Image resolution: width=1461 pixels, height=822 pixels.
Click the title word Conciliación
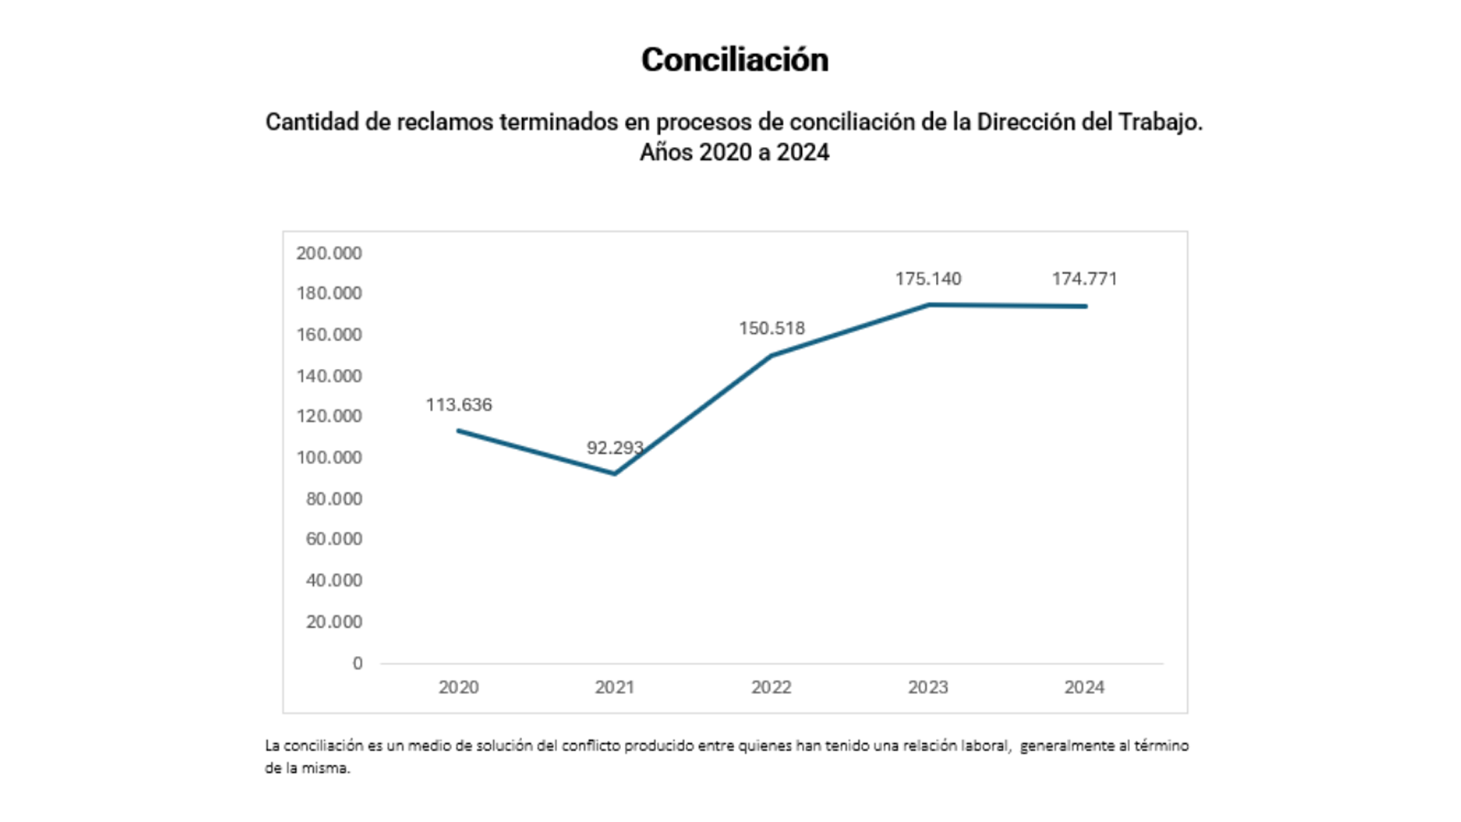(x=734, y=60)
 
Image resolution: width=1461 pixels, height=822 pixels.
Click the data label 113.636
(x=459, y=405)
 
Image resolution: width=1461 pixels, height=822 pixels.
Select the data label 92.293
(x=615, y=448)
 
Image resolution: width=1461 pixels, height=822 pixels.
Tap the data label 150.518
(x=772, y=328)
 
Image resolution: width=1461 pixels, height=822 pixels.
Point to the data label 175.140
(x=928, y=279)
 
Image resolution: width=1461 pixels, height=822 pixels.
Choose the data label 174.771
(x=1084, y=279)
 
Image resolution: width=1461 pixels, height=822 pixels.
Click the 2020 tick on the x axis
(x=459, y=687)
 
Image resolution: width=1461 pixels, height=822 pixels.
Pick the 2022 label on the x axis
(x=772, y=687)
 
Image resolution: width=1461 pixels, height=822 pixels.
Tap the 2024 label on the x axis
(x=1084, y=687)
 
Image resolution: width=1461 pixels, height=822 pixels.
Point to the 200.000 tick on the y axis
(x=329, y=253)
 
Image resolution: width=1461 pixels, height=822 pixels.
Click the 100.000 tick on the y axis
(x=329, y=457)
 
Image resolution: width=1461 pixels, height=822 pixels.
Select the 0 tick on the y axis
(x=357, y=664)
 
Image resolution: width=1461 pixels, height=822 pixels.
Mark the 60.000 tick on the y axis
(x=333, y=539)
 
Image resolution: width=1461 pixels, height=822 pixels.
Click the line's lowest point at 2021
(x=615, y=473)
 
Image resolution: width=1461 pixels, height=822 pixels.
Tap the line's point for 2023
(x=928, y=305)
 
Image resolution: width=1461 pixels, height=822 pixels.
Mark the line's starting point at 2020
(x=459, y=431)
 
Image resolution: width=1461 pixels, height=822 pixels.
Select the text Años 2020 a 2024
(x=734, y=152)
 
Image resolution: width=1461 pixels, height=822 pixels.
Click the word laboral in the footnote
(x=985, y=746)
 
